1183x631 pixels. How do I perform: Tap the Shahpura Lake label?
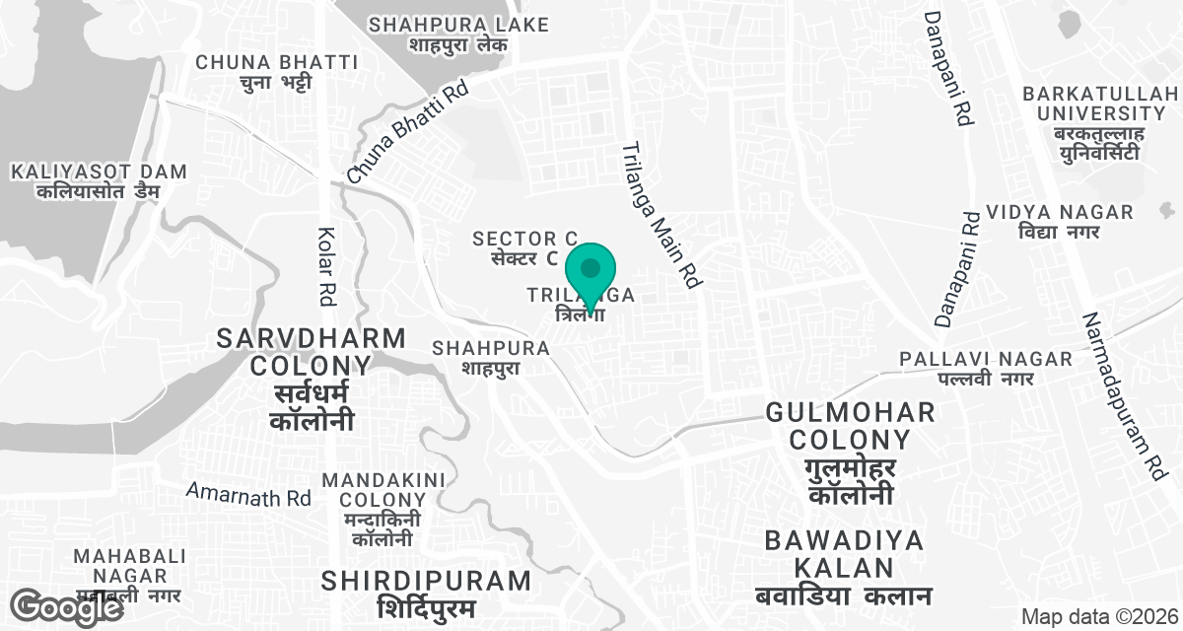pos(458,35)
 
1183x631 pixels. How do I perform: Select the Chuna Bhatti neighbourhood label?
pos(276,72)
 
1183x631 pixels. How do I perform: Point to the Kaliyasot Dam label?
pos(99,181)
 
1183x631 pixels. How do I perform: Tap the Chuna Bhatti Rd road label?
pos(406,134)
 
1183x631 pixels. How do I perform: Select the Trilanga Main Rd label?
pos(659,215)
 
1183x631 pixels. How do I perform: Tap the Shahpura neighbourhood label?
pos(490,357)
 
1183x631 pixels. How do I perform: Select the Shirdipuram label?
pos(426,594)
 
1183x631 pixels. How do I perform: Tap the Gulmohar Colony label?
pos(850,453)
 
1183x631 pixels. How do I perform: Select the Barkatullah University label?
pos(1100,122)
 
